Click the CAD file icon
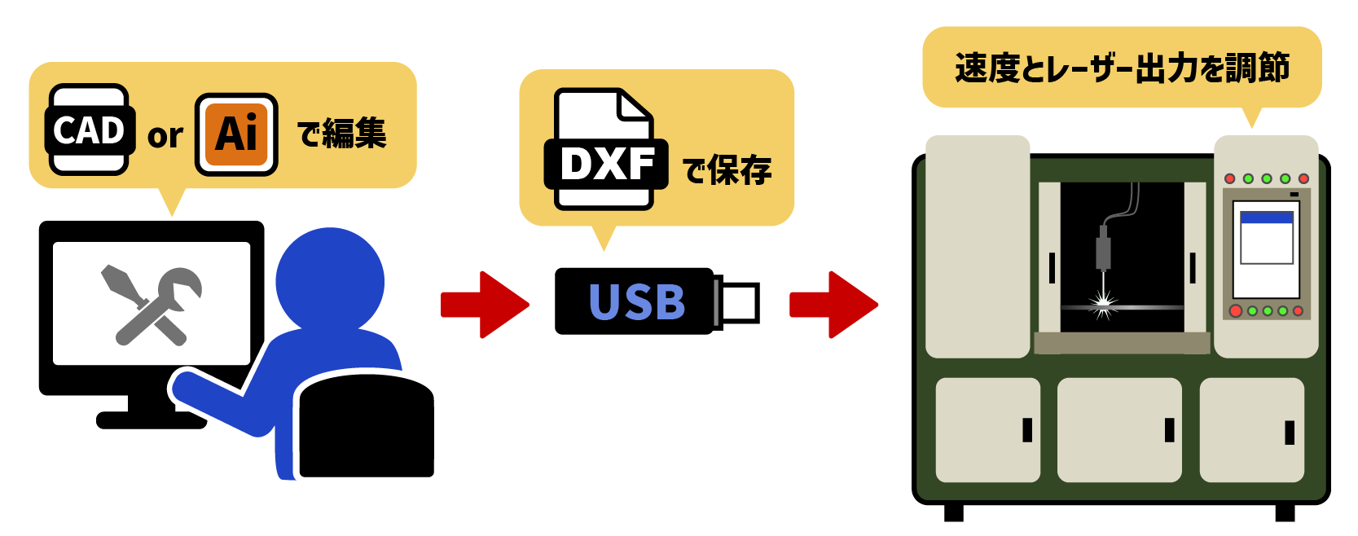(89, 130)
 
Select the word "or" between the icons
(165, 136)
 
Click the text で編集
(341, 134)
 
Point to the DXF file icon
(604, 150)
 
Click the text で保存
(727, 170)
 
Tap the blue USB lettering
(636, 302)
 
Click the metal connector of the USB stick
(737, 302)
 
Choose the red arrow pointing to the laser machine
(833, 305)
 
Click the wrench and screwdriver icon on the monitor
(152, 305)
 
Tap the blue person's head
(329, 279)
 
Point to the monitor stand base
(151, 420)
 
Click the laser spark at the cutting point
(1104, 305)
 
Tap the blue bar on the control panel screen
(1266, 217)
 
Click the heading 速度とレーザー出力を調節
(1122, 68)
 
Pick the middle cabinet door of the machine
(1118, 429)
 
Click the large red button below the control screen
(1235, 311)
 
